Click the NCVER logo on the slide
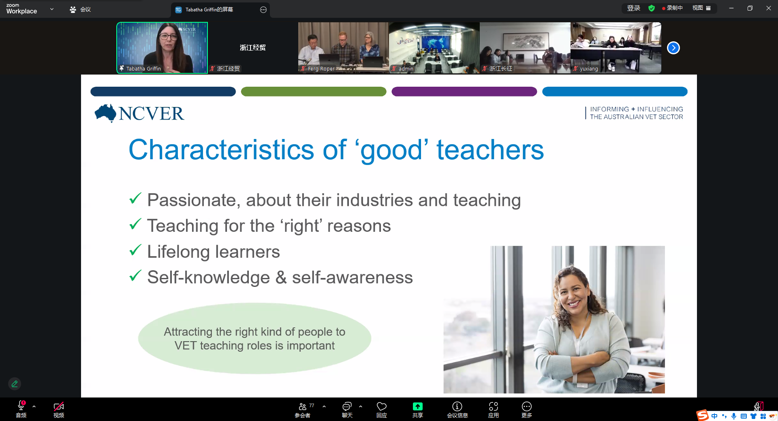coord(139,113)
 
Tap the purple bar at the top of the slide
coord(464,92)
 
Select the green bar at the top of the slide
coord(314,92)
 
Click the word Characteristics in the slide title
coord(221,150)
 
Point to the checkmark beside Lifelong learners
coord(135,250)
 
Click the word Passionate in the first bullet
coord(193,200)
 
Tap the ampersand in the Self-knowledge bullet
coord(281,278)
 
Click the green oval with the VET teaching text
coord(254,338)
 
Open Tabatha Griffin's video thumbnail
coord(162,48)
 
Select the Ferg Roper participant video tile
coord(343,48)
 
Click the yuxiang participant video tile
coord(616,48)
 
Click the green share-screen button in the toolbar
coord(417,406)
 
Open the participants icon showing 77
coord(303,406)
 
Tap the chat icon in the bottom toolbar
coord(347,406)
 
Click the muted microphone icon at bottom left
coord(21,406)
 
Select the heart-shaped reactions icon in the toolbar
coord(382,406)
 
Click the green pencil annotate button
coord(15,384)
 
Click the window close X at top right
coord(768,8)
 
